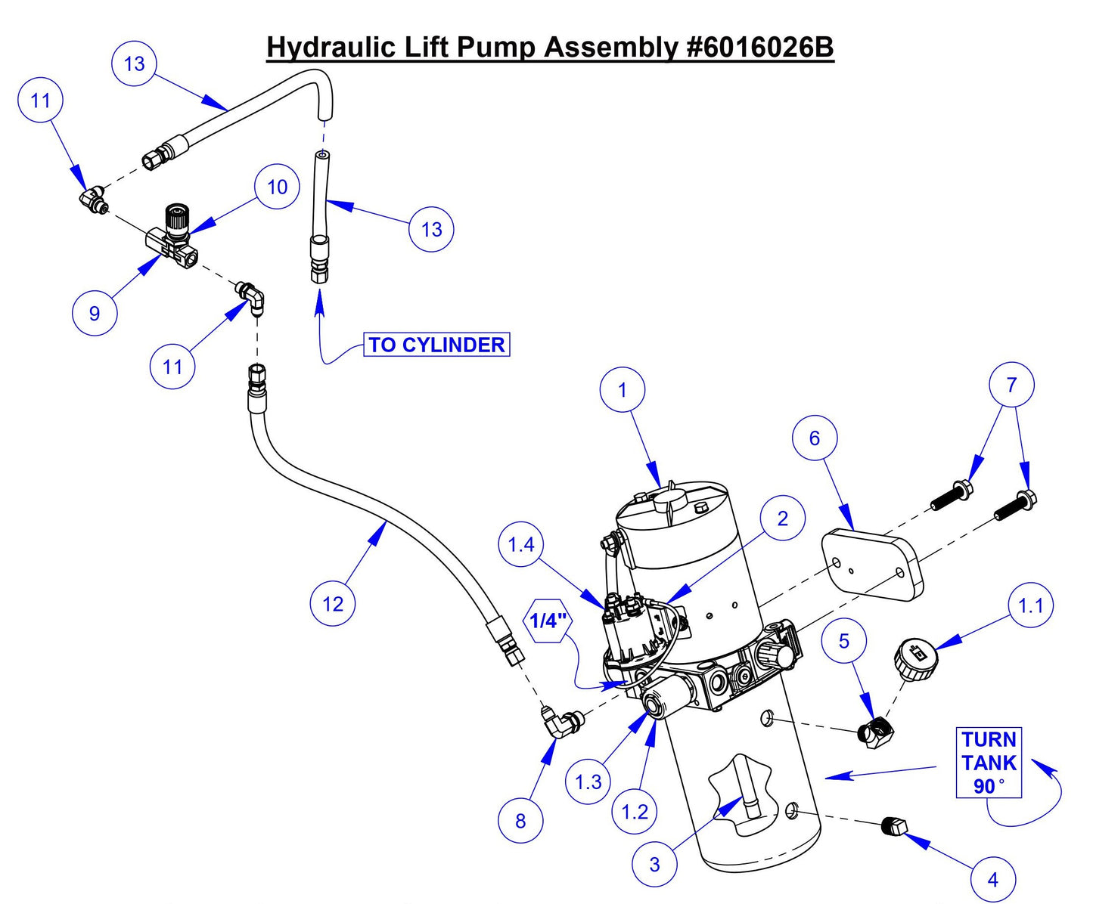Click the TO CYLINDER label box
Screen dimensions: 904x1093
(x=436, y=345)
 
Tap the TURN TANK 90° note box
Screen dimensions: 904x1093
(x=989, y=763)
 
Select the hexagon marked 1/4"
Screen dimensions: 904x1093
(x=548, y=621)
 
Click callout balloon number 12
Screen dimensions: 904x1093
(x=333, y=603)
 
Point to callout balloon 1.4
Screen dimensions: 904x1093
(x=521, y=544)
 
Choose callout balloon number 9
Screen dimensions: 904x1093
(x=95, y=313)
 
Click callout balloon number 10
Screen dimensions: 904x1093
(x=278, y=187)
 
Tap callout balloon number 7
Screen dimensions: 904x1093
(x=1011, y=385)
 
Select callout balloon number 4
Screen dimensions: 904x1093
(x=992, y=879)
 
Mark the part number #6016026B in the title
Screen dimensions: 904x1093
(x=759, y=47)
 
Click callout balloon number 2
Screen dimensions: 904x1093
(x=782, y=519)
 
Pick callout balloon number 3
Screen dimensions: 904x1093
(x=654, y=863)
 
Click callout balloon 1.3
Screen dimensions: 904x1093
(x=588, y=782)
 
